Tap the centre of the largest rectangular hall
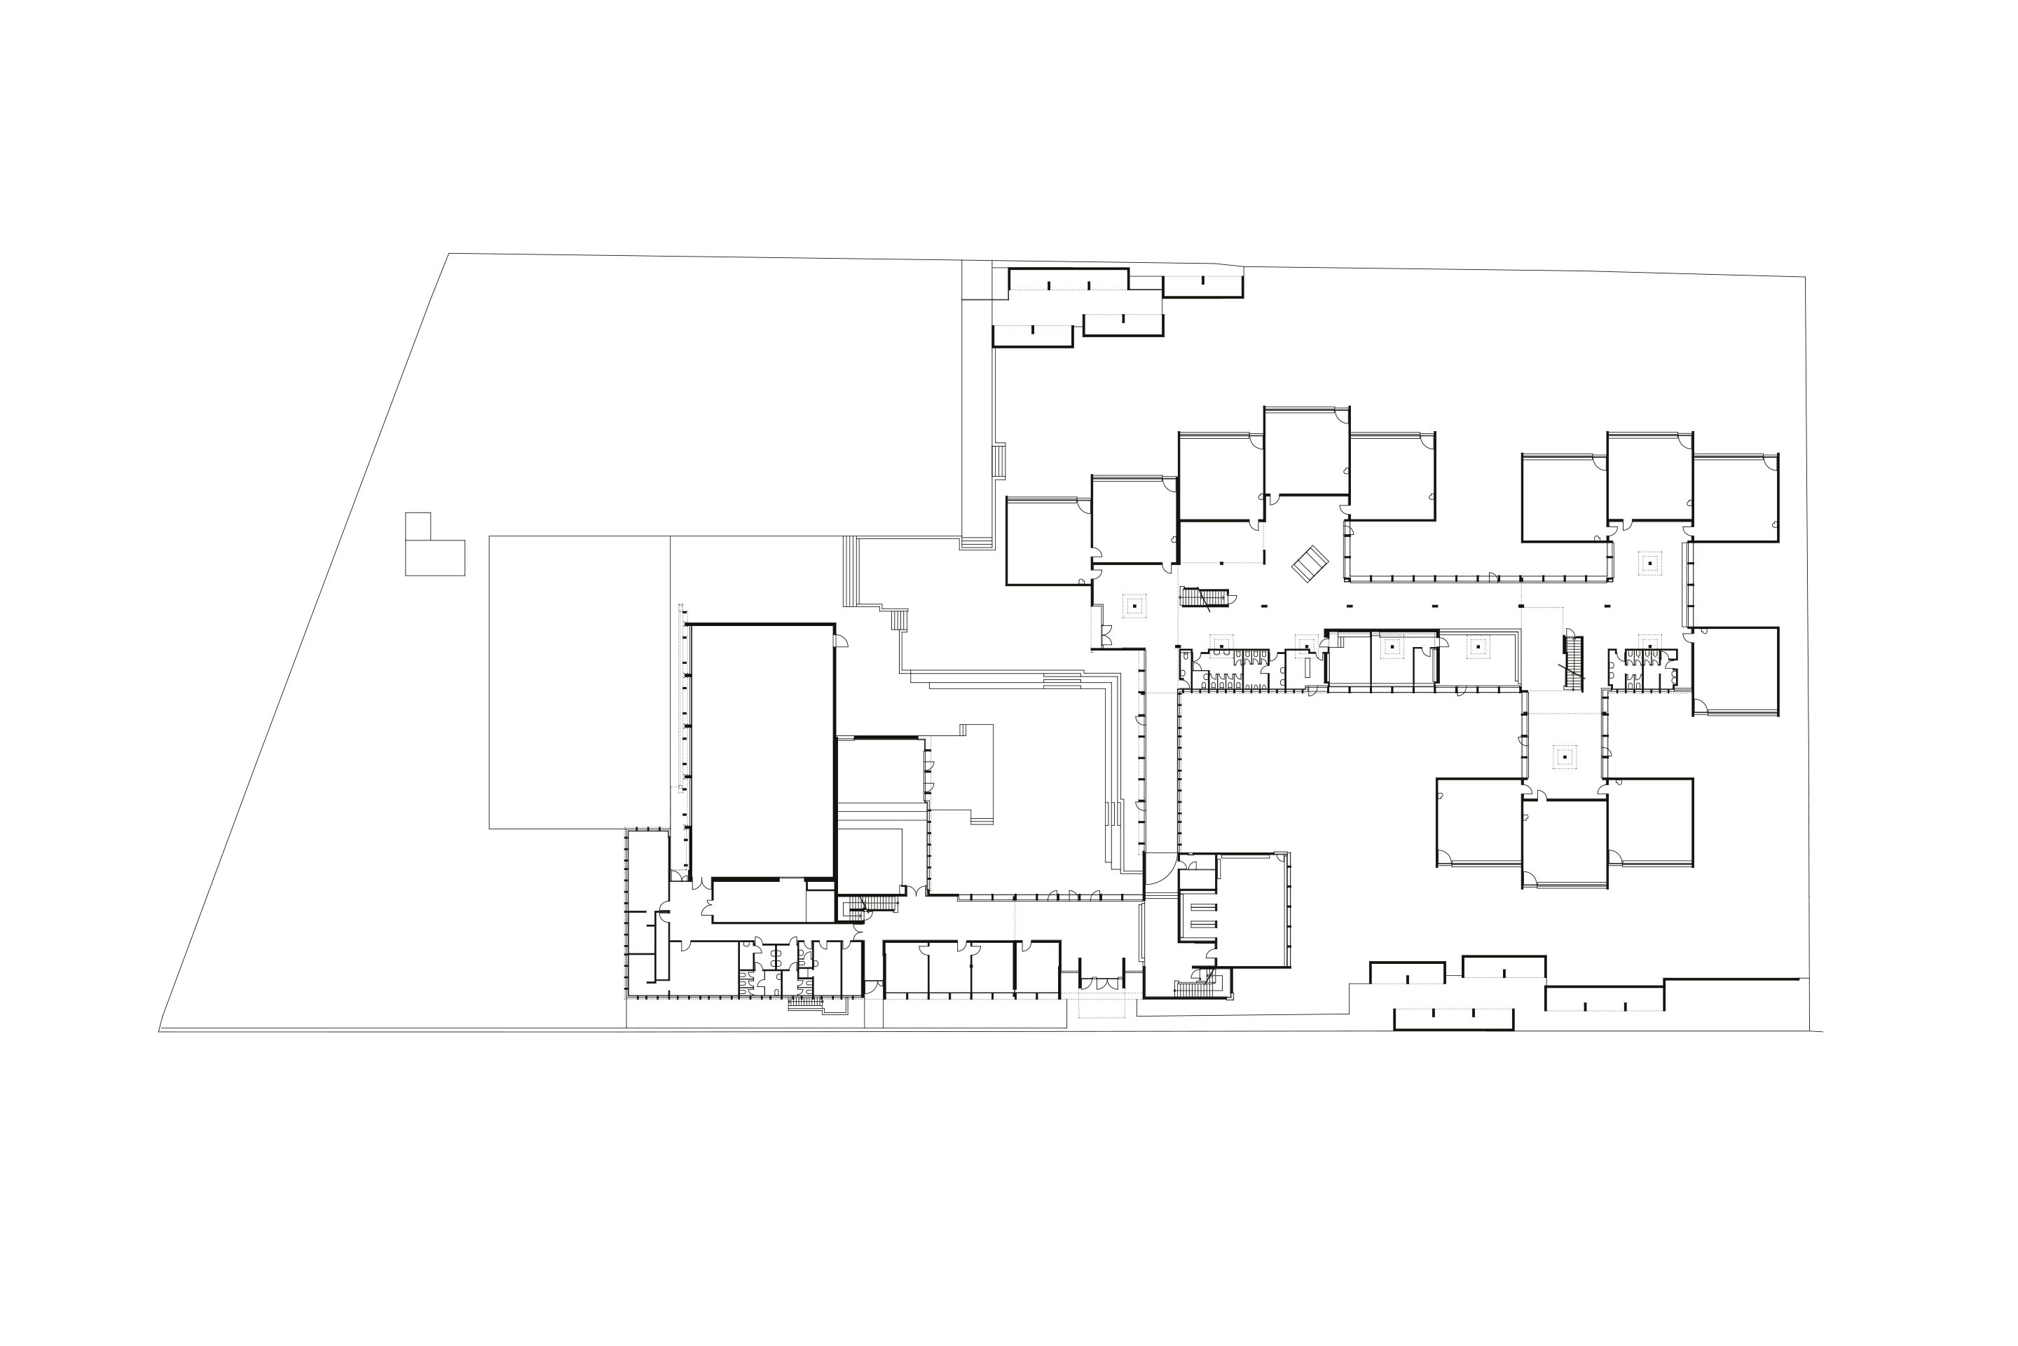(762, 750)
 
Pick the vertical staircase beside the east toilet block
(1574, 662)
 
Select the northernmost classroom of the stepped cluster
(1306, 451)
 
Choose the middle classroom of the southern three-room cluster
(1564, 841)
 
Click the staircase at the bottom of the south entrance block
(1195, 988)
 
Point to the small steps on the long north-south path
(998, 461)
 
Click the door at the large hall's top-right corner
(841, 639)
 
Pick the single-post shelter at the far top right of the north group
(1202, 286)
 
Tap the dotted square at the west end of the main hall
(1134, 606)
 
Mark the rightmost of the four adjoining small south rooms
(1037, 968)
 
